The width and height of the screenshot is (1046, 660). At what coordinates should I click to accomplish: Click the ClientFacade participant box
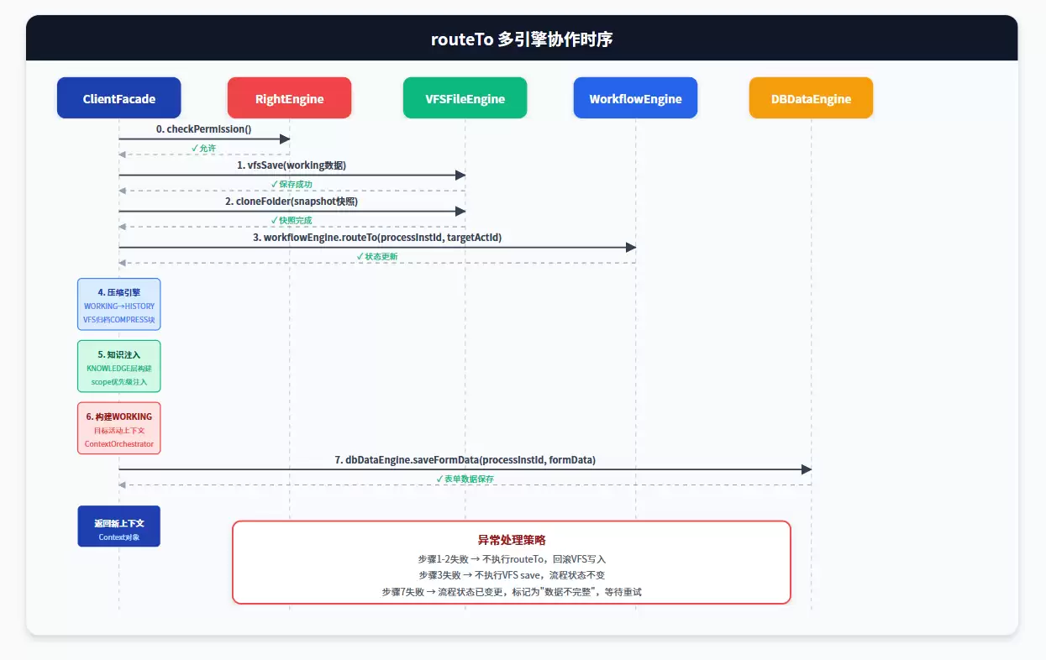[118, 98]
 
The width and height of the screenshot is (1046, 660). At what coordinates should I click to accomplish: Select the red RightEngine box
[289, 98]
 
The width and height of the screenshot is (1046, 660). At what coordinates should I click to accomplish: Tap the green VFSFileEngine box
[465, 98]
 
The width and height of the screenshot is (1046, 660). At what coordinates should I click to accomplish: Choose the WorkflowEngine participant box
[635, 98]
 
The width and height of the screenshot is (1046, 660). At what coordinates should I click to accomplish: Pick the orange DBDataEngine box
[811, 98]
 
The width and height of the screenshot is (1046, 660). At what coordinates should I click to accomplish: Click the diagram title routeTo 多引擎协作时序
[522, 39]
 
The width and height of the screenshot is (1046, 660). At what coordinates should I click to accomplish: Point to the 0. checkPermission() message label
[203, 128]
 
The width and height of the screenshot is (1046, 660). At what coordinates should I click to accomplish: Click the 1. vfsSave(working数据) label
[292, 165]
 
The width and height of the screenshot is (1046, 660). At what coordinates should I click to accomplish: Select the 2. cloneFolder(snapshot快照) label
[292, 202]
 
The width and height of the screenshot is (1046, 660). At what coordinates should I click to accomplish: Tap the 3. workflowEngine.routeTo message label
[377, 237]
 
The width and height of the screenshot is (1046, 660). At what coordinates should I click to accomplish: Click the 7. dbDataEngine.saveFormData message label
[465, 460]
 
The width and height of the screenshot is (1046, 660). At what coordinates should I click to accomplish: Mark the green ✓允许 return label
[203, 148]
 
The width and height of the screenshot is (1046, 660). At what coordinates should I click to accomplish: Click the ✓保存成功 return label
[292, 184]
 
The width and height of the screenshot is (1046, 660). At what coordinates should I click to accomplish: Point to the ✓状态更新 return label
[377, 256]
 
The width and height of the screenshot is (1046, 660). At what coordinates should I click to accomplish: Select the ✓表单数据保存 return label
[465, 479]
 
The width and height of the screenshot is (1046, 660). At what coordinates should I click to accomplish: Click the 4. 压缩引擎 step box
[118, 304]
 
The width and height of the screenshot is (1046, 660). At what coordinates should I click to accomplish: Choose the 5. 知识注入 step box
[118, 366]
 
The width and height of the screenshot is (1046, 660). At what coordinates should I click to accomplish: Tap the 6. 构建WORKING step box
[118, 428]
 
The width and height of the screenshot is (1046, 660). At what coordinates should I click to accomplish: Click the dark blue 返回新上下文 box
[118, 526]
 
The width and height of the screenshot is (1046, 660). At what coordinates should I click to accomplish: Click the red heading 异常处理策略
[512, 540]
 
